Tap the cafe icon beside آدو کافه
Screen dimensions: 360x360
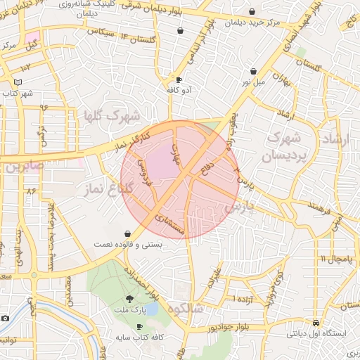[x=179, y=79]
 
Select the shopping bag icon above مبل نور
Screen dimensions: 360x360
[x=253, y=71]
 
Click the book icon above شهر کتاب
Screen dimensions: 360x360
[x=18, y=82]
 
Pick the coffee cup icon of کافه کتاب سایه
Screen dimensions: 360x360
[x=139, y=327]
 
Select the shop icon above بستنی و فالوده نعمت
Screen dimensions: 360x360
[x=127, y=233]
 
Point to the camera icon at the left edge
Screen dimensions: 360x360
[x=5, y=319]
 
